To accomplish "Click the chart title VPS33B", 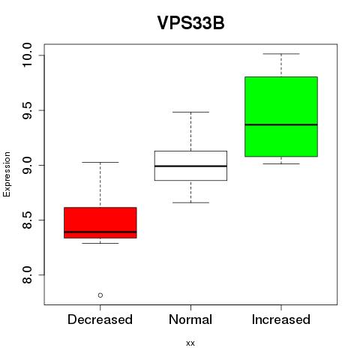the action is pyautogui.click(x=190, y=22).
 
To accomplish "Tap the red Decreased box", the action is pyautogui.click(x=100, y=223).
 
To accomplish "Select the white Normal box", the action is pyautogui.click(x=190, y=166).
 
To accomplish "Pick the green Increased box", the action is pyautogui.click(x=281, y=116).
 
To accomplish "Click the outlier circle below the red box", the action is pyautogui.click(x=100, y=295).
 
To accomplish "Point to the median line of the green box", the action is pyautogui.click(x=281, y=124).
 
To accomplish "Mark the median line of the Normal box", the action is pyautogui.click(x=190, y=166).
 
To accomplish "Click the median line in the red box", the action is pyautogui.click(x=100, y=232).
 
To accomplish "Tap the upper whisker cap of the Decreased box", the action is pyautogui.click(x=100, y=162).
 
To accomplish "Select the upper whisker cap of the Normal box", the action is pyautogui.click(x=190, y=112).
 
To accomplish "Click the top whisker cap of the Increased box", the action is pyautogui.click(x=281, y=54).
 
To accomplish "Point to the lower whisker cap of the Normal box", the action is pyautogui.click(x=190, y=202).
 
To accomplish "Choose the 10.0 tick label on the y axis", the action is pyautogui.click(x=27, y=55).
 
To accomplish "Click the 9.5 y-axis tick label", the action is pyautogui.click(x=27, y=110).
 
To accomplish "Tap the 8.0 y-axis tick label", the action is pyautogui.click(x=27, y=274).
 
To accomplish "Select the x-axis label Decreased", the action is pyautogui.click(x=100, y=319).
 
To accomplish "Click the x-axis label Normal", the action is pyautogui.click(x=190, y=319).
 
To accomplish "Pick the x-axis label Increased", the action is pyautogui.click(x=281, y=319).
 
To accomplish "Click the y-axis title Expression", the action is pyautogui.click(x=7, y=174).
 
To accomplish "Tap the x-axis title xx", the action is pyautogui.click(x=190, y=343).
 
